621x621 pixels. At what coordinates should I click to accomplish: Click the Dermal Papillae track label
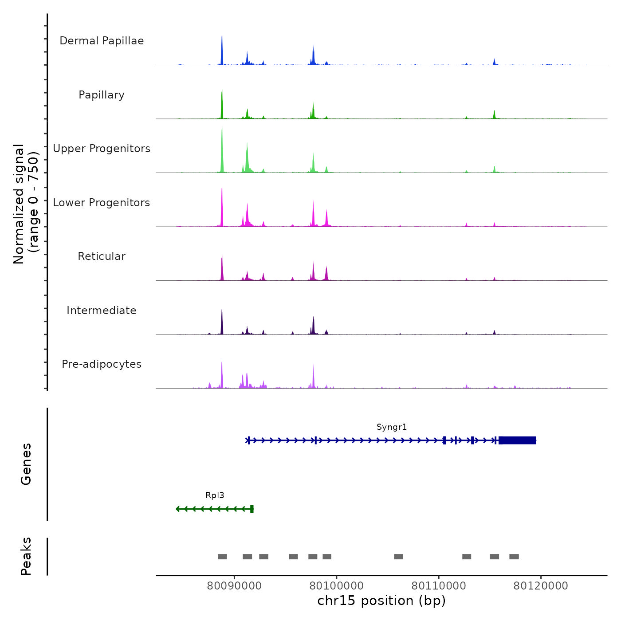click(102, 41)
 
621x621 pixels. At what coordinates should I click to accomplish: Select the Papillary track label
click(102, 95)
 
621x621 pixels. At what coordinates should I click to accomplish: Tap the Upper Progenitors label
click(102, 149)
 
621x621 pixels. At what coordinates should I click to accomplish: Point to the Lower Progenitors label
click(102, 203)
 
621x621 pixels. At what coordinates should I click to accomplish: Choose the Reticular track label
click(102, 256)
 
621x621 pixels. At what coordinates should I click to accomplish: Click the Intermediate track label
click(102, 310)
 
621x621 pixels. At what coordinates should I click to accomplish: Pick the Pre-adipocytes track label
click(102, 364)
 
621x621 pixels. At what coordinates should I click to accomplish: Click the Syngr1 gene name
click(392, 427)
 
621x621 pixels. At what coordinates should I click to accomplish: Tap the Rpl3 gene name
click(215, 495)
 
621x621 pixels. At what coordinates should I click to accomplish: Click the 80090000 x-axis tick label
click(234, 586)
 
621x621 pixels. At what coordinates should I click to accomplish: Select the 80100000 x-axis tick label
click(337, 586)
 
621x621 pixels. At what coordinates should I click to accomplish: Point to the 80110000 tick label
click(439, 586)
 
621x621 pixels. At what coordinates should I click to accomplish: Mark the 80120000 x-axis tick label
click(541, 586)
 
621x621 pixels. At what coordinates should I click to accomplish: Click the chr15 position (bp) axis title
click(381, 601)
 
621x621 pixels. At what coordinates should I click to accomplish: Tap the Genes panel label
click(26, 464)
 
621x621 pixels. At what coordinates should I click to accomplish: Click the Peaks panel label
click(26, 556)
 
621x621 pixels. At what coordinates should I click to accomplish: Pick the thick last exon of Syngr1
click(517, 440)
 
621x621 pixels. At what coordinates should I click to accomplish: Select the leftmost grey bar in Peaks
click(222, 557)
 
